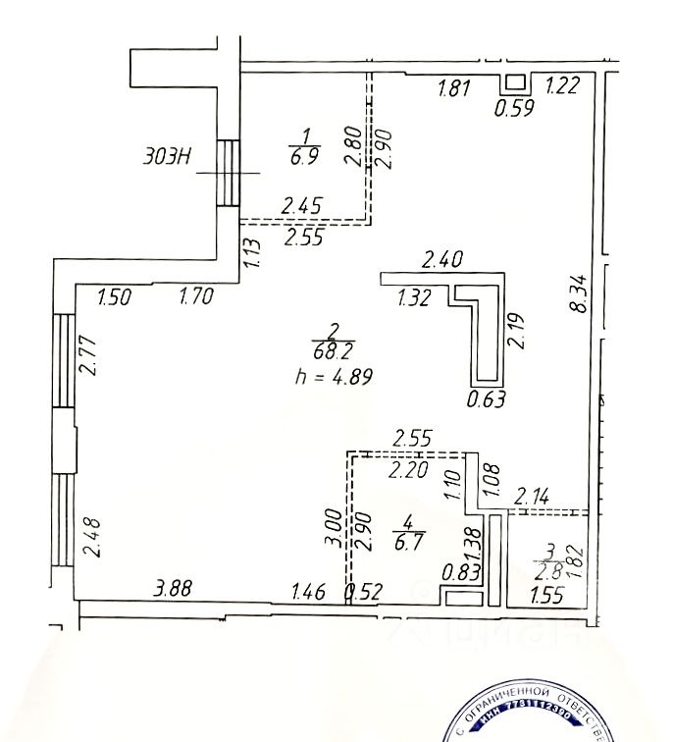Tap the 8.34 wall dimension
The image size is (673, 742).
tap(579, 294)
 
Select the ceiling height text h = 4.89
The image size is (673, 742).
tap(334, 374)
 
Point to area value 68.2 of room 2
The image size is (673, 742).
tap(335, 350)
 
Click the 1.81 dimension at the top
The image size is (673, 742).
tap(453, 88)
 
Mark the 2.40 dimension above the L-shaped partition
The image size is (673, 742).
tap(440, 261)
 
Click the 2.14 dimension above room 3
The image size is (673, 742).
tap(535, 495)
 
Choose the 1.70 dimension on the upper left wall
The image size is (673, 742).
tap(196, 296)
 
